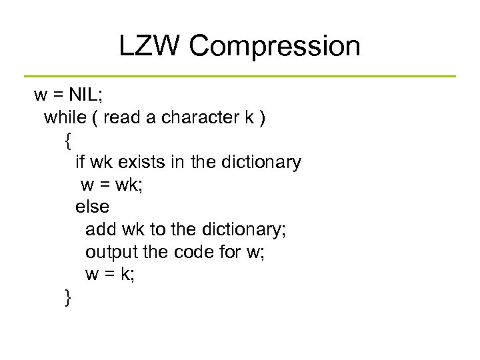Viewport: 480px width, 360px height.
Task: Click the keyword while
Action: [x=65, y=117]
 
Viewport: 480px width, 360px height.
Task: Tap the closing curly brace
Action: [x=67, y=298]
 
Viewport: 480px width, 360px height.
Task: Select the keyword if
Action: [x=79, y=162]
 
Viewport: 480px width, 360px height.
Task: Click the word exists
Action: [x=145, y=162]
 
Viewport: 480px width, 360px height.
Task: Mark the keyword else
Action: [x=91, y=207]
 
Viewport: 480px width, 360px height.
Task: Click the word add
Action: [x=101, y=229]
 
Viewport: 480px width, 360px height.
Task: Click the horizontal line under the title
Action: [x=240, y=76]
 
